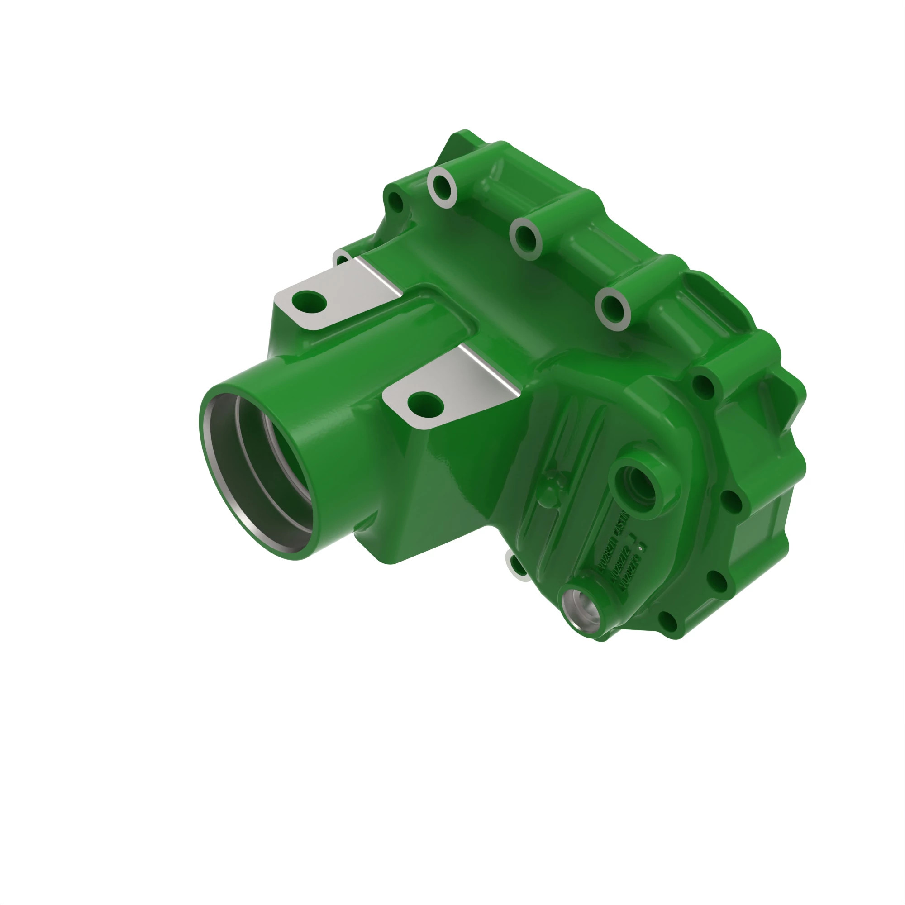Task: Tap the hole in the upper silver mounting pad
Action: pyautogui.click(x=309, y=301)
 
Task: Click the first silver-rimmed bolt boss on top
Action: pyautogui.click(x=442, y=186)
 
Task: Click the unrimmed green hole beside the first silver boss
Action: pyautogui.click(x=396, y=203)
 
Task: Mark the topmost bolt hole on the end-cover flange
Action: pyautogui.click(x=703, y=384)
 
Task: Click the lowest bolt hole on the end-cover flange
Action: pyautogui.click(x=668, y=621)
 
